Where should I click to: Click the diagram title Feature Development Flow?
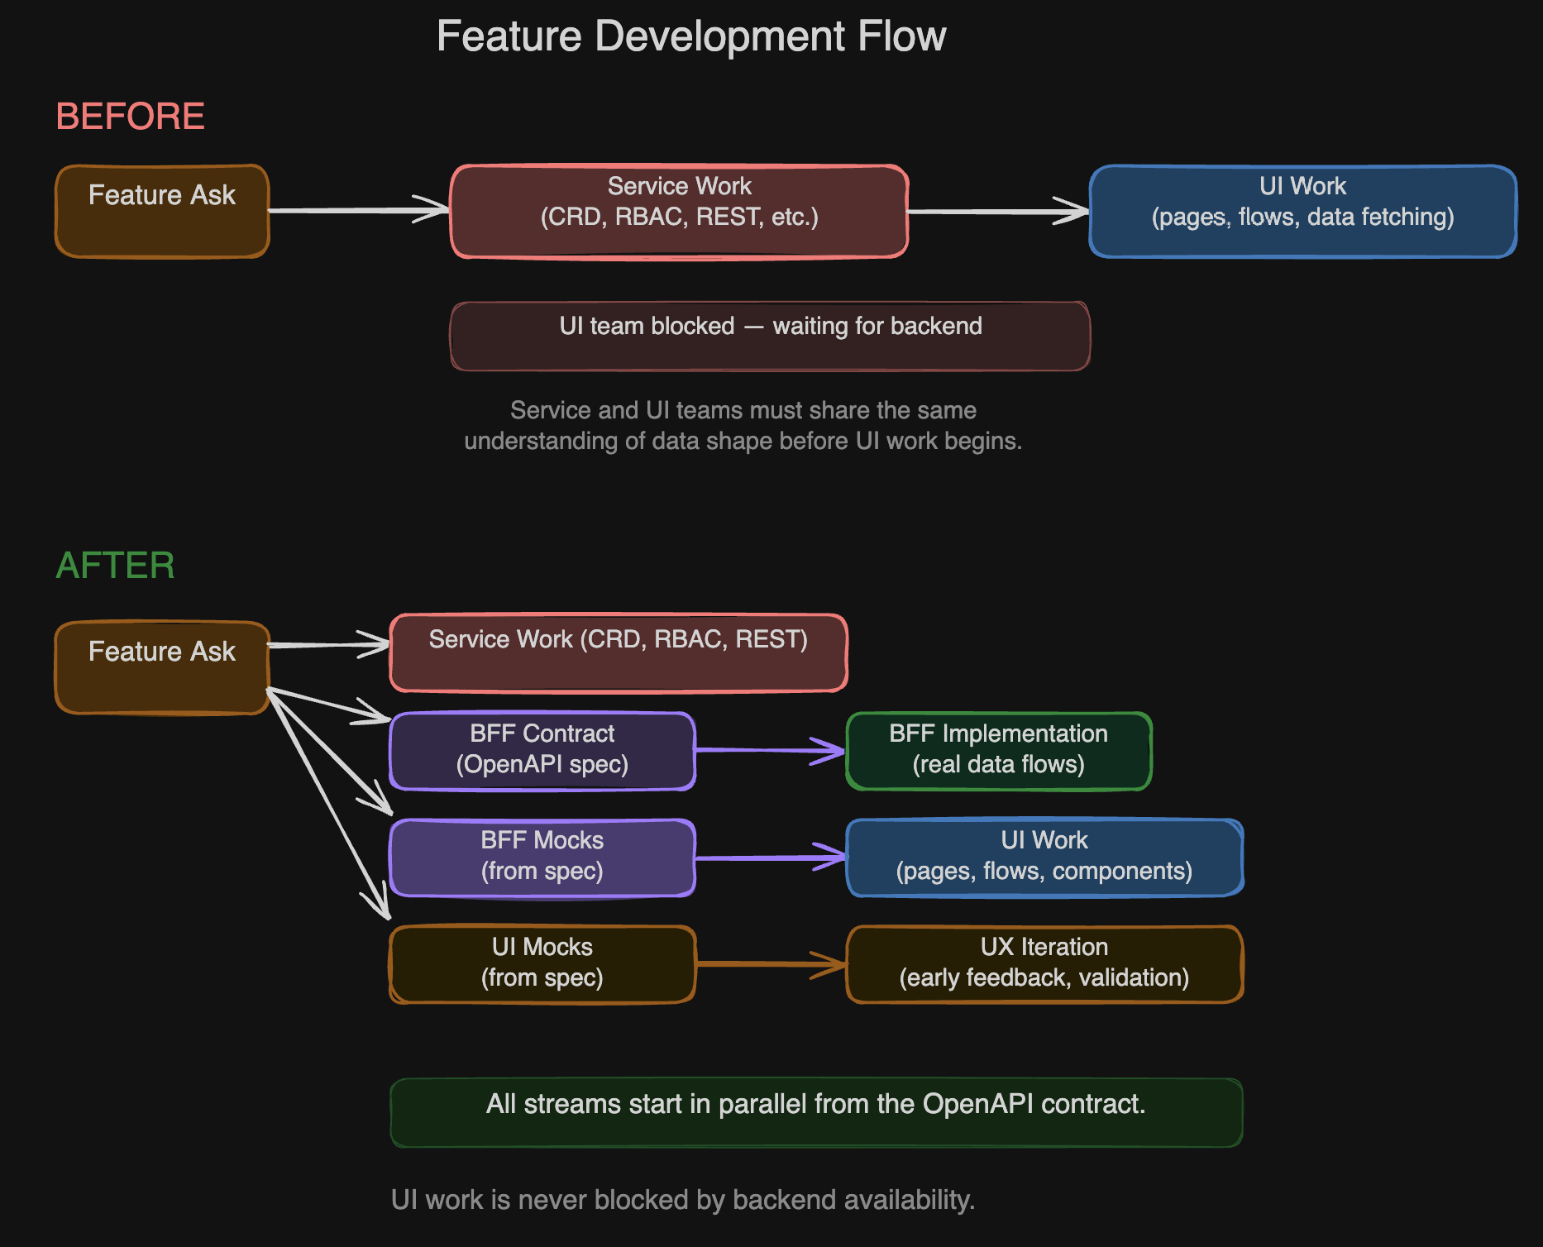point(690,36)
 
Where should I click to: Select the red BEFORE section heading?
point(130,116)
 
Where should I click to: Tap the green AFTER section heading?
point(115,566)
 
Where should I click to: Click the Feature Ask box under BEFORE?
point(162,212)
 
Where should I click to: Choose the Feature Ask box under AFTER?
point(162,667)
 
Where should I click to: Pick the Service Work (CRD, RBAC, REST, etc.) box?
point(679,212)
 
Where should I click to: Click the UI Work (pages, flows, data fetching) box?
point(1302,212)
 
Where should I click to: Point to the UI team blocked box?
point(770,336)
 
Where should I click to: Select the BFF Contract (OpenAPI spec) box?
point(542,751)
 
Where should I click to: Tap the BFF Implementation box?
point(999,751)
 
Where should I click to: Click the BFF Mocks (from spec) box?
point(542,858)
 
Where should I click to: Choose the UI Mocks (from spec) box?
point(542,964)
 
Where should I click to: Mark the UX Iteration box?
point(1044,964)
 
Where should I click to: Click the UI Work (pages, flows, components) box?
point(1044,858)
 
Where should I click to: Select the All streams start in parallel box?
point(816,1112)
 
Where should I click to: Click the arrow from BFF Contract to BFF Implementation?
point(770,750)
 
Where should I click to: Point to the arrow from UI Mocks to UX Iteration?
point(770,963)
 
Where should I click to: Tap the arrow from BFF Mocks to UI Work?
point(770,858)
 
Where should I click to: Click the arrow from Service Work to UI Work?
point(998,212)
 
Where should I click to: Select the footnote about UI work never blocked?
point(683,1200)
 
